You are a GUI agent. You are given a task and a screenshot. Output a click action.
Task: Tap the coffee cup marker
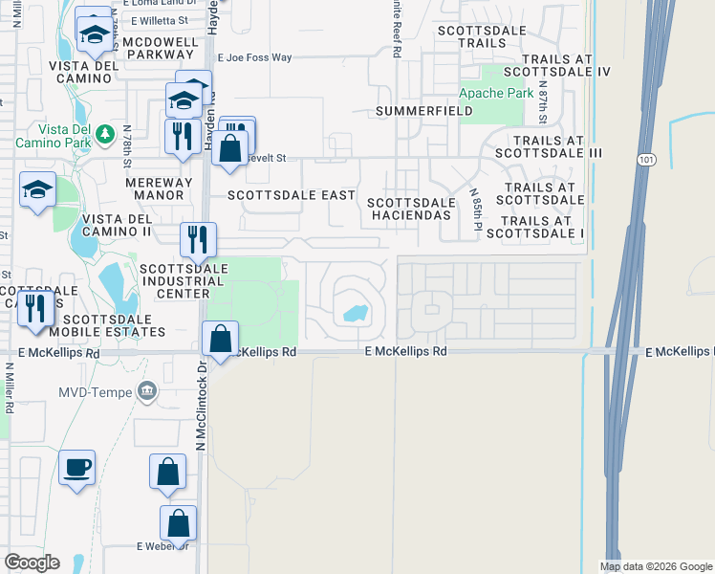coord(77,469)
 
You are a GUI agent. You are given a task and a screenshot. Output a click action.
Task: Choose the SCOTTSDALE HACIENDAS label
coord(409,210)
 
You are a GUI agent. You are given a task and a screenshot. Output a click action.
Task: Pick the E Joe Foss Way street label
coord(254,57)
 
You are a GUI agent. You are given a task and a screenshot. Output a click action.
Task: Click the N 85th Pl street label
coord(475,216)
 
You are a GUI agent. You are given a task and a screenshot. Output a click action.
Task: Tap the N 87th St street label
coord(541,99)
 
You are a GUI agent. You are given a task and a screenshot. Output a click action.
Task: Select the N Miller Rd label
coord(9,387)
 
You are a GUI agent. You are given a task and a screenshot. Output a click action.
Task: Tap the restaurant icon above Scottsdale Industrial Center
coord(199,240)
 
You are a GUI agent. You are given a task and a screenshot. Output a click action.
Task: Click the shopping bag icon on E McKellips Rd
coord(220,339)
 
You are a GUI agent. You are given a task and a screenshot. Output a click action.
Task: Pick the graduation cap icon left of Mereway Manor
coord(37,190)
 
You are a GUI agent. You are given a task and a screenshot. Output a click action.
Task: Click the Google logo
coord(32,563)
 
